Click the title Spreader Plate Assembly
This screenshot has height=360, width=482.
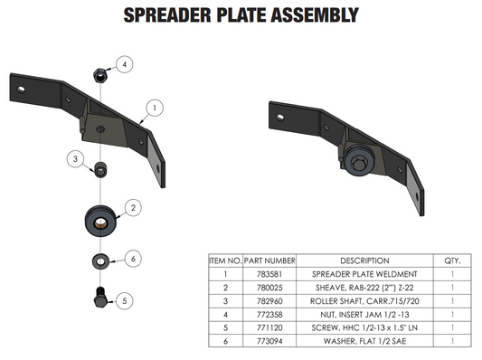tap(240, 15)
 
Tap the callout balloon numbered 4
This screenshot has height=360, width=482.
tap(126, 64)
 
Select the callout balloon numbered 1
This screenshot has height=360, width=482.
tap(155, 107)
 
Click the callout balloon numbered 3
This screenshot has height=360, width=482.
tap(76, 159)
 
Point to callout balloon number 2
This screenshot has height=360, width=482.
tap(132, 207)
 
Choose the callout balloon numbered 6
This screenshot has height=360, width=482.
tap(132, 259)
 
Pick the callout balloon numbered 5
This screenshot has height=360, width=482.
tap(126, 300)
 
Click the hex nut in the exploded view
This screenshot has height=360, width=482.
tap(99, 74)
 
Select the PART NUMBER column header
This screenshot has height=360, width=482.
tap(269, 260)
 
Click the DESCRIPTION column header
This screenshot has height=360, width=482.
tap(364, 260)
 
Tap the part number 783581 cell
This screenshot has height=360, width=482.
tap(269, 272)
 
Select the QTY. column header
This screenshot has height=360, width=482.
tap(451, 260)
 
